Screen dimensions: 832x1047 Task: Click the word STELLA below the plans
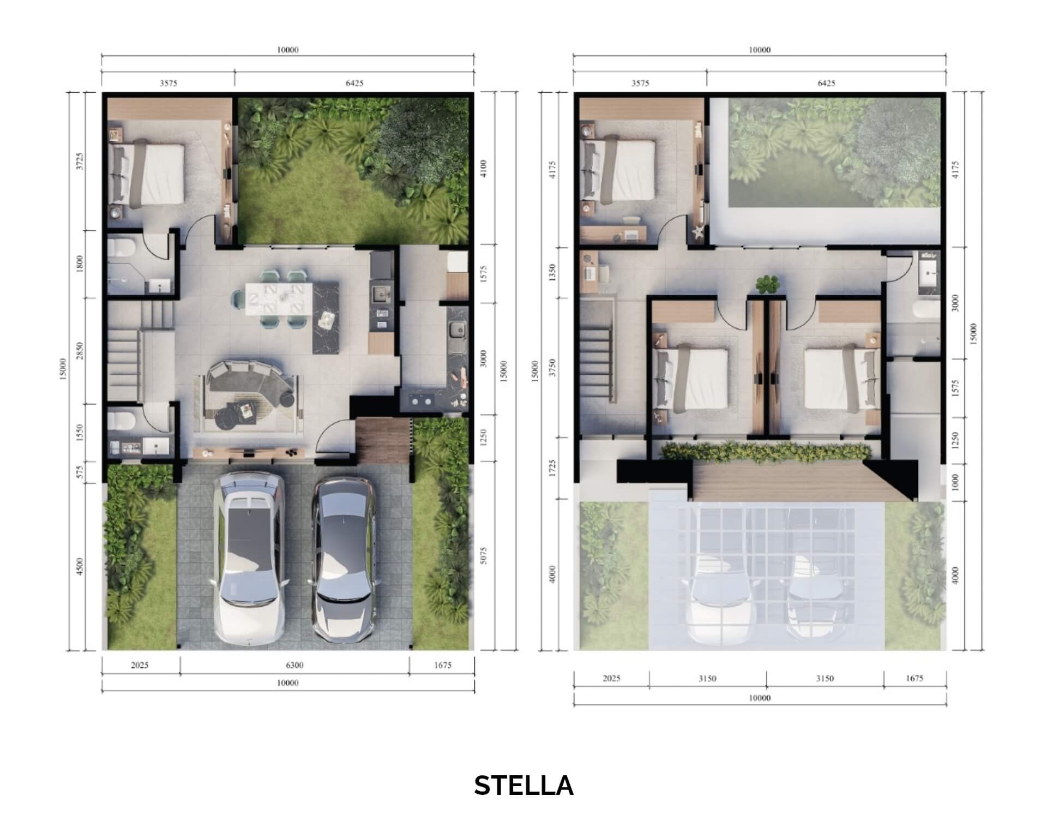(523, 786)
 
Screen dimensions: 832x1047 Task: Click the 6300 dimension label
(294, 665)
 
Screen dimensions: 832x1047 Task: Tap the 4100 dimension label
(484, 168)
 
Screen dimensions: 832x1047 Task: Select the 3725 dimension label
(80, 161)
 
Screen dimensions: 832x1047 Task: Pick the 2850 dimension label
(80, 351)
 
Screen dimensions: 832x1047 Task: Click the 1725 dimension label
(552, 468)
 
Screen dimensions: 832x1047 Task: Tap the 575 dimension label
(80, 472)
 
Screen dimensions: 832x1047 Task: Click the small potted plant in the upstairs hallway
(767, 284)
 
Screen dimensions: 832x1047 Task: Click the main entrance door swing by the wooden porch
(334, 436)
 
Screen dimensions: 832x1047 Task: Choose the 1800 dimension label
(80, 265)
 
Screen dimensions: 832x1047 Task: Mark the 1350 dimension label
(552, 271)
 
